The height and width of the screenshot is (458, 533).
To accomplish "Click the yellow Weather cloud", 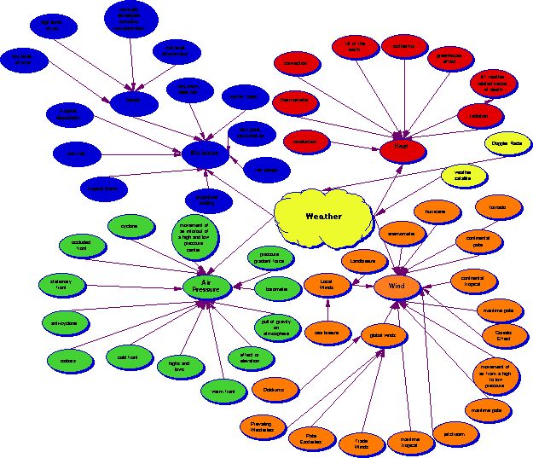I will coord(323,216).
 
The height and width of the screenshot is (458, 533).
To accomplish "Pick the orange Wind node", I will coord(397,285).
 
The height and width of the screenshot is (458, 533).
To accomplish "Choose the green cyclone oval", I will coord(130,226).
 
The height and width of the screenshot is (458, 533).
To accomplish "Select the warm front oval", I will coord(223,391).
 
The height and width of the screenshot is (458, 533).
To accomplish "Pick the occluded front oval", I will coord(81,245).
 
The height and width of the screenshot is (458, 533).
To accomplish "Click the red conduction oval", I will coord(304,142).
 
